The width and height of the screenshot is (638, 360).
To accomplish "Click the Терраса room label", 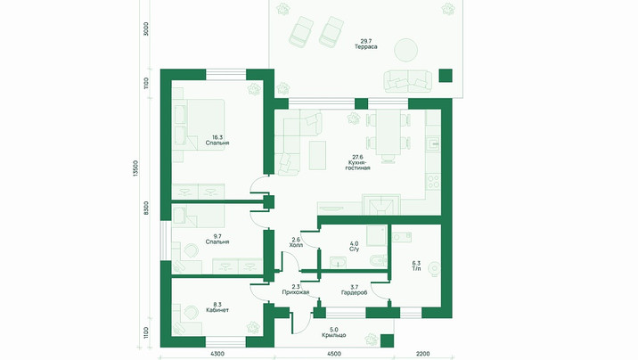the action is (366, 44).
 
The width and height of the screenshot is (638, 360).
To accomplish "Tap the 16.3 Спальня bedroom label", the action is (217, 140).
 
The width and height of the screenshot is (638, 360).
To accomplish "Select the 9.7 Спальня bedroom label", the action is (217, 239).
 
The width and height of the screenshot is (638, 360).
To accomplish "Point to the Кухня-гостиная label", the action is (357, 162).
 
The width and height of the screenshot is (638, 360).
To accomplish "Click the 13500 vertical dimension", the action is (136, 168).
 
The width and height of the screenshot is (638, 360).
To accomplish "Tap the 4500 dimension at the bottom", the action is (333, 354).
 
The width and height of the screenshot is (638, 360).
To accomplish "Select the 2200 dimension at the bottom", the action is (422, 354).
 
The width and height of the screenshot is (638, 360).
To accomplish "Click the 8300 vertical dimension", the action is (146, 209).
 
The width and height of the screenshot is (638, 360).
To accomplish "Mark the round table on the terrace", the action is (405, 50).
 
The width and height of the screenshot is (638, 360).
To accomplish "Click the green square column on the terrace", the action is (446, 76).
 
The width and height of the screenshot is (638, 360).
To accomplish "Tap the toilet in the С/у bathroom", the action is (379, 261).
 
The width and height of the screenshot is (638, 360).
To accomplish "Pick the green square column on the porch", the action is (387, 341).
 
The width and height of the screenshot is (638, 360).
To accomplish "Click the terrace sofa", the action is (408, 80).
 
